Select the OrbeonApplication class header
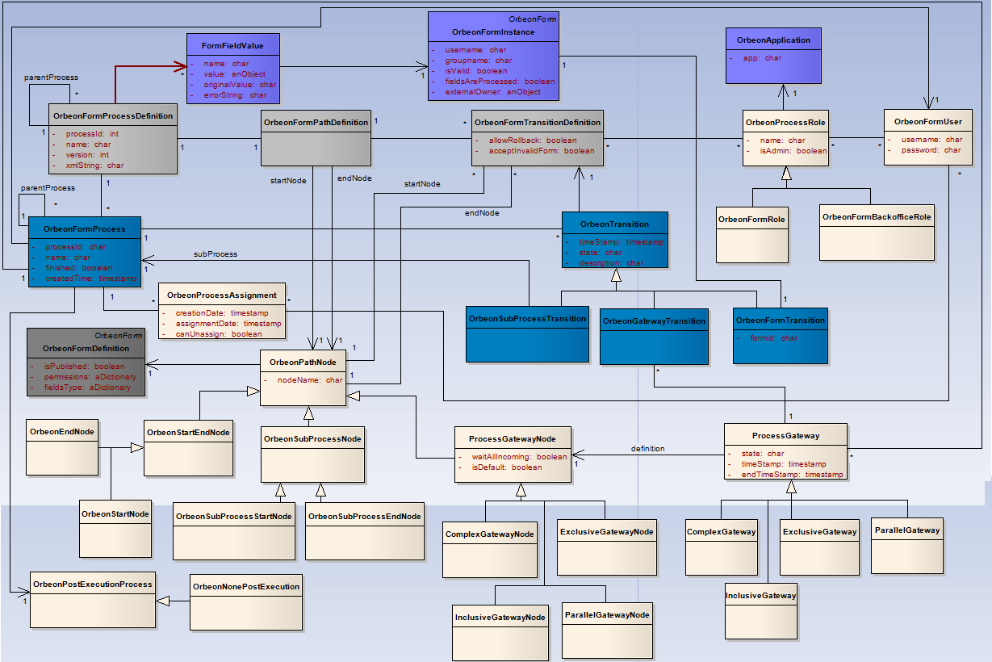(x=773, y=40)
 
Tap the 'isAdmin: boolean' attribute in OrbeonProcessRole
(x=793, y=151)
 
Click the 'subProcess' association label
(x=216, y=253)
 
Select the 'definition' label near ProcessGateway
(x=647, y=449)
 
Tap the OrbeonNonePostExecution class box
(x=246, y=601)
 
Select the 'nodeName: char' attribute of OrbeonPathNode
(x=310, y=379)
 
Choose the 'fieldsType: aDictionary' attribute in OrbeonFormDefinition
(x=87, y=388)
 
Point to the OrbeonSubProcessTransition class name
(x=528, y=318)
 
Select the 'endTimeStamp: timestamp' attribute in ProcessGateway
(x=792, y=475)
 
